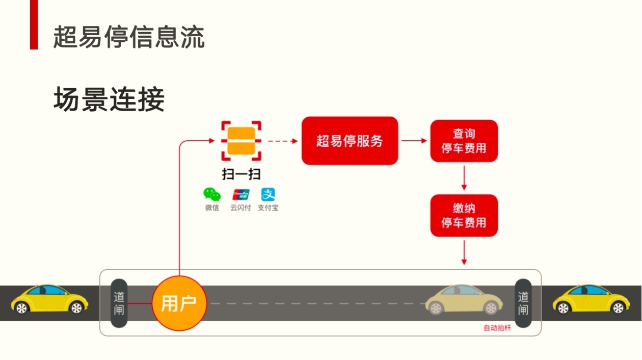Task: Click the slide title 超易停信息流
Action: (129, 37)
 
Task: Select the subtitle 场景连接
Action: (109, 99)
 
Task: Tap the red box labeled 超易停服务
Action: (350, 141)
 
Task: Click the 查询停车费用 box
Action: (464, 141)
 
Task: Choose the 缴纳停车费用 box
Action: (464, 215)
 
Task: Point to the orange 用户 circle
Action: (179, 303)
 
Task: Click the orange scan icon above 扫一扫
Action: (241, 141)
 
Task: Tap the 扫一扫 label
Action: (242, 174)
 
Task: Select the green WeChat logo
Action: (212, 194)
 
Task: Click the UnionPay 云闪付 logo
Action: (240, 194)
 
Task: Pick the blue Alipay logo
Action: (268, 194)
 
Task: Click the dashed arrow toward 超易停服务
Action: (283, 141)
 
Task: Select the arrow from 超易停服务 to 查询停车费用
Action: (414, 141)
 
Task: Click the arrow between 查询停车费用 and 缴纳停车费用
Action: (464, 178)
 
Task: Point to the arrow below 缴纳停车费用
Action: (464, 252)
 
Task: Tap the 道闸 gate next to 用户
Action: (119, 303)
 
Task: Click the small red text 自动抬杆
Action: (497, 328)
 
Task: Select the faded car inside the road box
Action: (464, 299)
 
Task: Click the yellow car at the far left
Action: (49, 299)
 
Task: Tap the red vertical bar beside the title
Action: (34, 24)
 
